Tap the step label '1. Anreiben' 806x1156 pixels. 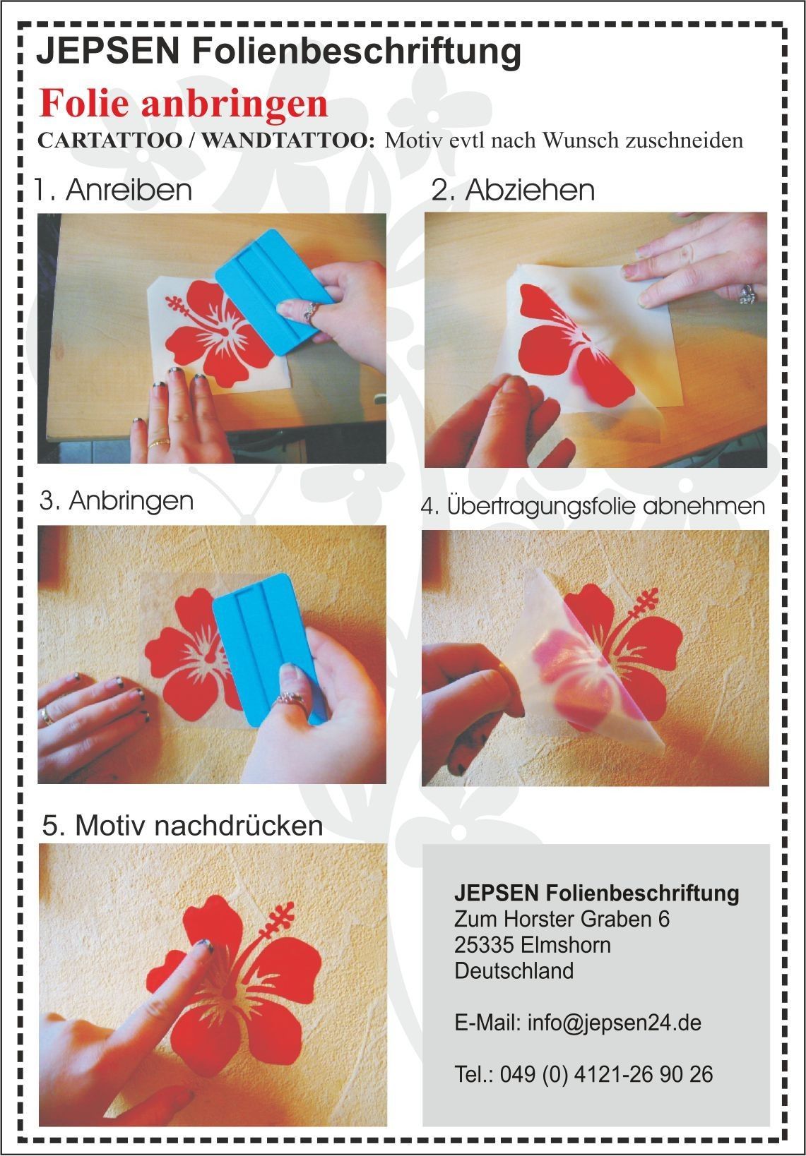pyautogui.click(x=113, y=190)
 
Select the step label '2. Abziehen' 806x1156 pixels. pyautogui.click(x=513, y=191)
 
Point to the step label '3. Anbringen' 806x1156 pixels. pyautogui.click(x=117, y=501)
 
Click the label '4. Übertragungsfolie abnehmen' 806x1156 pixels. pyautogui.click(x=593, y=506)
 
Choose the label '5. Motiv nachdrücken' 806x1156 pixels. pyautogui.click(x=182, y=826)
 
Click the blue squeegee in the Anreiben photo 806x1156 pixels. pyautogui.click(x=274, y=293)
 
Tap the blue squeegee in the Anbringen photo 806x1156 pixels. pyautogui.click(x=268, y=649)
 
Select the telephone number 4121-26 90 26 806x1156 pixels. pyautogui.click(x=644, y=1074)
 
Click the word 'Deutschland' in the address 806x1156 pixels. pyautogui.click(x=514, y=970)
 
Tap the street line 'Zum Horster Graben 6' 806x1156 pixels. pyautogui.click(x=562, y=919)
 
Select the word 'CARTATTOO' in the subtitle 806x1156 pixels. pyautogui.click(x=109, y=141)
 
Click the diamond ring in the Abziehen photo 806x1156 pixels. pyautogui.click(x=747, y=295)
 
